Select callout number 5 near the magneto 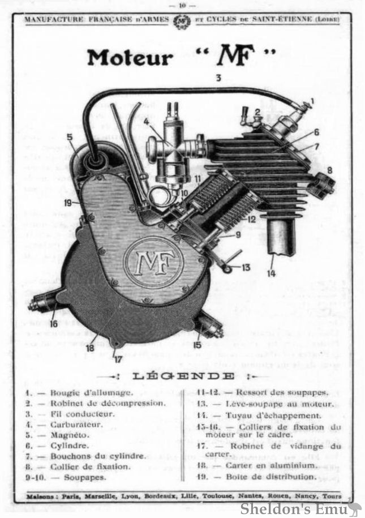pyautogui.click(x=70, y=136)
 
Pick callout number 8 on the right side pyautogui.click(x=330, y=169)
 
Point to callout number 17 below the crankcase pyautogui.click(x=117, y=358)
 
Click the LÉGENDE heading pyautogui.click(x=183, y=376)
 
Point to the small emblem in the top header pyautogui.click(x=182, y=22)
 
